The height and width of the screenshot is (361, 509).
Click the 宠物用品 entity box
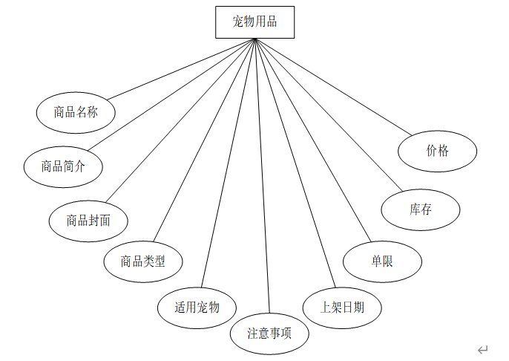(x=254, y=22)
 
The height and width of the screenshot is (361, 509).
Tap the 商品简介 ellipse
(x=62, y=166)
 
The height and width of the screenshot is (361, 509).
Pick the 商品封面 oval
(x=88, y=220)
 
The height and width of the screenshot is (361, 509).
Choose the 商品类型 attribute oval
(x=143, y=261)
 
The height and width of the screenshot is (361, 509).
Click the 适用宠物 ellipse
(x=197, y=307)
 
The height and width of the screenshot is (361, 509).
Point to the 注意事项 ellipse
(x=269, y=334)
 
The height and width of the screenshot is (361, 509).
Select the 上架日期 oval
(x=342, y=306)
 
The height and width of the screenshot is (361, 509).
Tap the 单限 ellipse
(x=382, y=261)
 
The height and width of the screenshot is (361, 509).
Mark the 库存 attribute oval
(x=421, y=209)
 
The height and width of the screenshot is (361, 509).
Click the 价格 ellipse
(x=438, y=151)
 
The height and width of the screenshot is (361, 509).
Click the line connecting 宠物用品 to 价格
(x=334, y=87)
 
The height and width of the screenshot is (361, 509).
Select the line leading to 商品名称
(x=182, y=68)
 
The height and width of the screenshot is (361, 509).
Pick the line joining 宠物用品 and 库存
(x=330, y=113)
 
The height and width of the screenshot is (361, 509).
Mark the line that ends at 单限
(x=312, y=141)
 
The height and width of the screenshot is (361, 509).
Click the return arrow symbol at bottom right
(x=483, y=349)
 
